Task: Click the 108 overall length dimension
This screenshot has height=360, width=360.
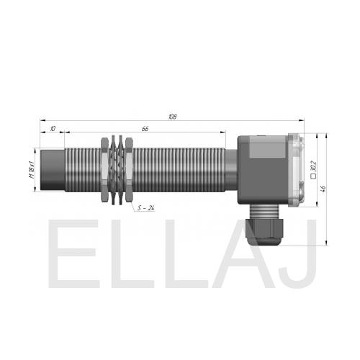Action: [173, 117]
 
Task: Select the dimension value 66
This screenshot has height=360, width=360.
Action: [145, 129]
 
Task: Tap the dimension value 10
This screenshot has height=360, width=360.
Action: [53, 129]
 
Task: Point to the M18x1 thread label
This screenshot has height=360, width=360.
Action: [32, 170]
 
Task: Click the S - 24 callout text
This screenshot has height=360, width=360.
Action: [145, 208]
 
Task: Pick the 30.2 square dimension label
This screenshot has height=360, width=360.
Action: [313, 166]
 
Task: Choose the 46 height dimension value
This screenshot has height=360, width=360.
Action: [323, 189]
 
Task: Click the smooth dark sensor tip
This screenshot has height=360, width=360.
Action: [53, 170]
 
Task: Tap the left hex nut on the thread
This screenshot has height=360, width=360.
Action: [104, 170]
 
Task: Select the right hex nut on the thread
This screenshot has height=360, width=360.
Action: [129, 170]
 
